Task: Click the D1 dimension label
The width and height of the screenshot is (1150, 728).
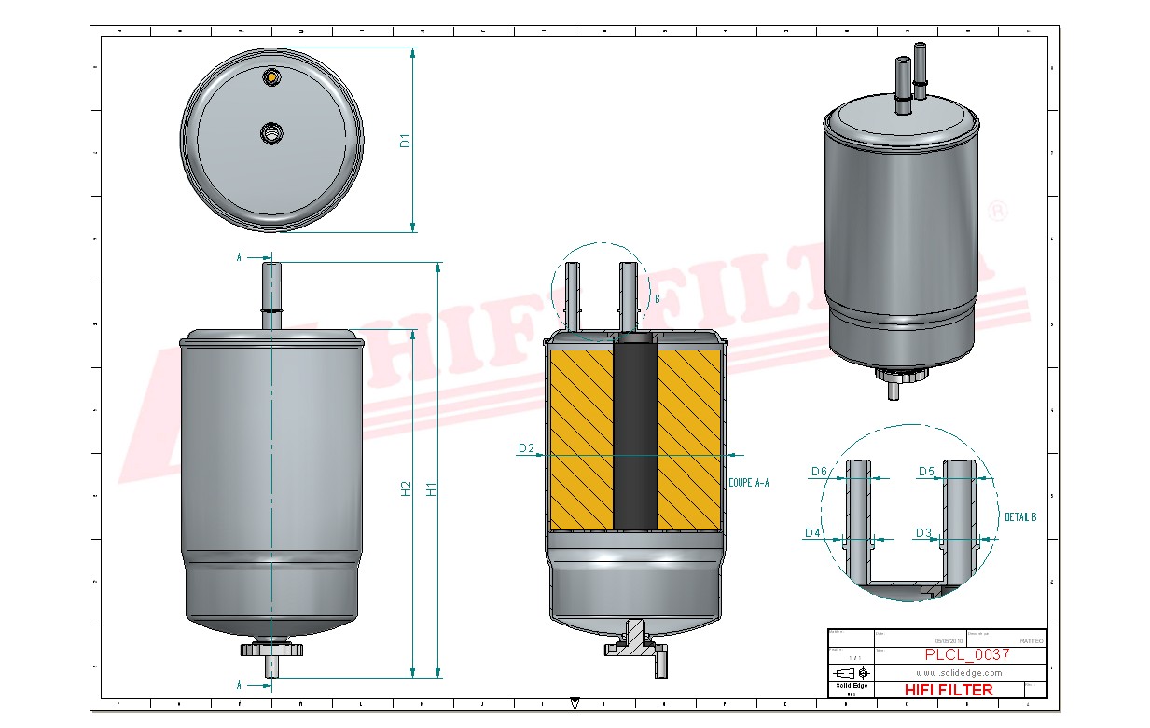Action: tap(405, 141)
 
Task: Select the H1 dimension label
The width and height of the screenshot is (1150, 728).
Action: tap(431, 488)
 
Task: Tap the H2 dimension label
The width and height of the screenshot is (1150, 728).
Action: tap(406, 488)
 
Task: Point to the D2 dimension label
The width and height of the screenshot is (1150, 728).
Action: tap(526, 449)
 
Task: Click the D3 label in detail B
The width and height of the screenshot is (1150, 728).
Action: tap(923, 533)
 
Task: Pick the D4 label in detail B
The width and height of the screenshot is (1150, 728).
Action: tap(812, 533)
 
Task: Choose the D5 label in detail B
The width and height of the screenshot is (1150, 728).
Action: tap(926, 472)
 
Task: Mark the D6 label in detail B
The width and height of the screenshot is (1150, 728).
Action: tap(819, 472)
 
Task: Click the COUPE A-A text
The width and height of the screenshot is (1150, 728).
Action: tap(748, 483)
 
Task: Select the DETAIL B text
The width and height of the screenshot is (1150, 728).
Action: tap(1019, 516)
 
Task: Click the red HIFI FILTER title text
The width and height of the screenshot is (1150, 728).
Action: tap(949, 690)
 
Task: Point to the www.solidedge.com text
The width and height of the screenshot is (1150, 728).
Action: tap(959, 673)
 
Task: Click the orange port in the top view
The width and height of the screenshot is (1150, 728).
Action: tap(271, 76)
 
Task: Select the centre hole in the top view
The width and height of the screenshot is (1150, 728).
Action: tap(271, 133)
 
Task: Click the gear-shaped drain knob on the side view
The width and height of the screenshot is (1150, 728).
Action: tap(271, 649)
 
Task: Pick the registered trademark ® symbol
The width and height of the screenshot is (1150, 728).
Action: tap(997, 212)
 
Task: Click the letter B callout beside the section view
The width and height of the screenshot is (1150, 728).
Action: tap(658, 299)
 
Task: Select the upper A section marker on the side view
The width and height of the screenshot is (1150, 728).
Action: tap(240, 257)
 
